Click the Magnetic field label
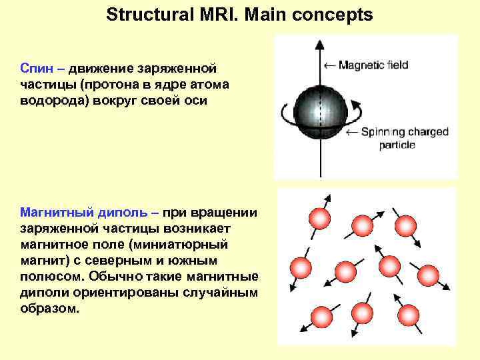tap(373, 65)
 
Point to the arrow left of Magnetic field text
tap(329, 65)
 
